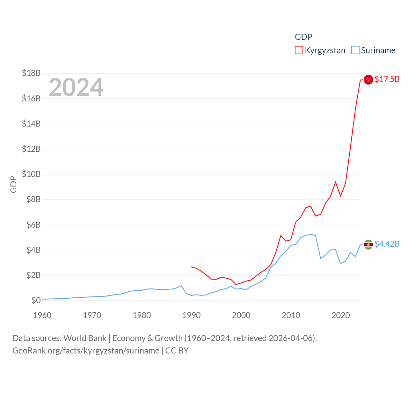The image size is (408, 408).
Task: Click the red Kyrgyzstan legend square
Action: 299,50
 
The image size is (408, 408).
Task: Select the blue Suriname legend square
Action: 355,50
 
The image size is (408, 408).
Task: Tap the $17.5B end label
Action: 387,79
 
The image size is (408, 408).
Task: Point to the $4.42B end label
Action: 387,244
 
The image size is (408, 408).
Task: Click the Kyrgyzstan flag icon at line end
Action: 368,80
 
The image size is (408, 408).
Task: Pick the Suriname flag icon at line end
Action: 368,244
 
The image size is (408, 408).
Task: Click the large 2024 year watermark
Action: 76,87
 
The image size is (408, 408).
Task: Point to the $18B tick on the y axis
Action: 31,73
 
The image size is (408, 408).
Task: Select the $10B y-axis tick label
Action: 31,174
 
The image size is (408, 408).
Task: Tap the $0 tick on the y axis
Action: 36,300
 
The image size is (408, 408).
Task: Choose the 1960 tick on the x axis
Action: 42,315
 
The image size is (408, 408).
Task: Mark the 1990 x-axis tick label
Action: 192,315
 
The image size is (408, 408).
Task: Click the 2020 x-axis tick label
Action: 341,315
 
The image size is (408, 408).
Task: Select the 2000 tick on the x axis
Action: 241,315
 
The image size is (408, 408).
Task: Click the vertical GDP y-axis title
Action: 13,184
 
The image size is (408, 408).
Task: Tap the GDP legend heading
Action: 303,37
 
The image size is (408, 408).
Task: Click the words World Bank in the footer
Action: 85,338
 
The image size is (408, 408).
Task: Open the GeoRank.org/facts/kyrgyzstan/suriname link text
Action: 86,351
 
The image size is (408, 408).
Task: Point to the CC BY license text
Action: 177,351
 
